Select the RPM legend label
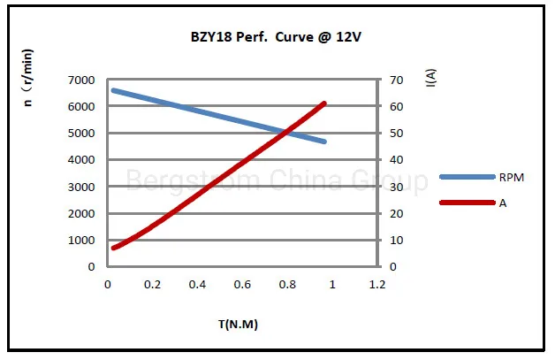(512, 178)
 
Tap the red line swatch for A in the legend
(467, 203)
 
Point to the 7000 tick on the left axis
(80, 80)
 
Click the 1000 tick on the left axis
(80, 240)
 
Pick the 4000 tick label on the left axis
(80, 160)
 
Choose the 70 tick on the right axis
(398, 80)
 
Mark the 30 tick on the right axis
(398, 187)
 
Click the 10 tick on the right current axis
(398, 240)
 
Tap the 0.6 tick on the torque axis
(242, 285)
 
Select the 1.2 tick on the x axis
(377, 285)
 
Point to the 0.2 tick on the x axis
(152, 285)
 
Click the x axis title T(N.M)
(238, 324)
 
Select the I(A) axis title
(430, 79)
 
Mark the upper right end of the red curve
(323, 103)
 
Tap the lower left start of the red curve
(113, 248)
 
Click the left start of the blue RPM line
(113, 90)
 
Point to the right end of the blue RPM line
(324, 142)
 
